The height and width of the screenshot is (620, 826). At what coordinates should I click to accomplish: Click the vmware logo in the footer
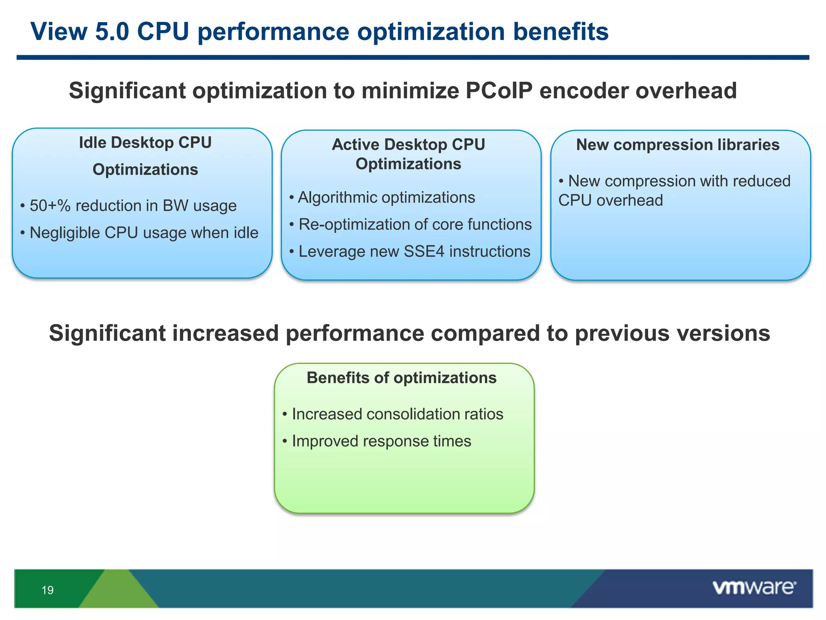(754, 588)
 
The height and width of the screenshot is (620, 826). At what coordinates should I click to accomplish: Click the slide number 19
(48, 590)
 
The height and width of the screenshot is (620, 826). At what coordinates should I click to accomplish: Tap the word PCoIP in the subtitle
(499, 90)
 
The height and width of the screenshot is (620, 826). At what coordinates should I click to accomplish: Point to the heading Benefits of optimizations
(401, 378)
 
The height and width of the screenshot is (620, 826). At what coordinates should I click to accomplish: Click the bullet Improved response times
(381, 441)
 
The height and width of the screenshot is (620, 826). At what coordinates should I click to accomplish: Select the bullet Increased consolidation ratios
(397, 414)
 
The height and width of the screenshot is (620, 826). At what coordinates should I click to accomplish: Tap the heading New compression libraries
(678, 145)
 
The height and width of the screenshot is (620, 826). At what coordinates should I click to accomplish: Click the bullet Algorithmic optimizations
(386, 198)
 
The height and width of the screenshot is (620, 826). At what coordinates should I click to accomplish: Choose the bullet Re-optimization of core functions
(415, 224)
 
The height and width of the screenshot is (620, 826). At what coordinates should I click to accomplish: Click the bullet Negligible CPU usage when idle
(144, 233)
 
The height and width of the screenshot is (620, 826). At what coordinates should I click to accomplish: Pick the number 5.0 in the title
(112, 31)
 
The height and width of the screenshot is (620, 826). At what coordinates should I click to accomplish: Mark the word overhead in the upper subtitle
(686, 90)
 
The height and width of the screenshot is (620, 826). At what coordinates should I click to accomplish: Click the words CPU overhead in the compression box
(610, 201)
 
